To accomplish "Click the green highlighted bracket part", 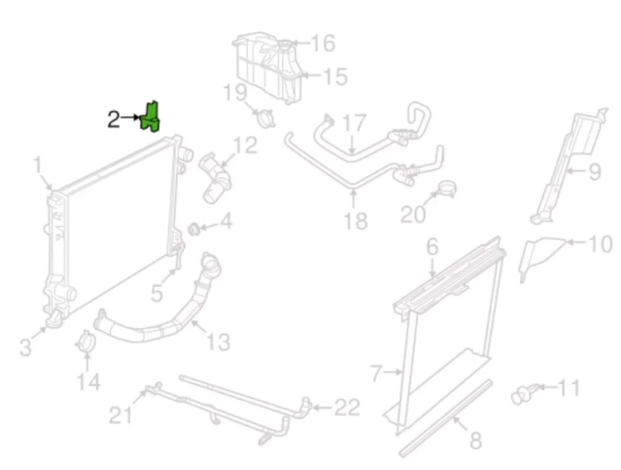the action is (151, 117).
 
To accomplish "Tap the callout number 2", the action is (113, 119).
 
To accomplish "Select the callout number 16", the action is (324, 43).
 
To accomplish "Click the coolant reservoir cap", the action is (284, 45).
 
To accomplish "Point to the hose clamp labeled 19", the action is (265, 117).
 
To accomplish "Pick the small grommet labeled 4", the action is (193, 229).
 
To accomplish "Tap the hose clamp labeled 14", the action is (84, 342).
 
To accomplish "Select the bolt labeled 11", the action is (524, 393).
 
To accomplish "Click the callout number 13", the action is (219, 342).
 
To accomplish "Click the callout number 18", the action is (355, 221).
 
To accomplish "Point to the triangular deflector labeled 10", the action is (541, 257).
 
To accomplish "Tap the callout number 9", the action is (595, 172).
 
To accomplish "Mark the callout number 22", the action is (347, 407).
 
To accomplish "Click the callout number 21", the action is (120, 415).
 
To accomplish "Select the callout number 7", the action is (376, 373).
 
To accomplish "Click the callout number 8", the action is (475, 440).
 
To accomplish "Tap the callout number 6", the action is (432, 247).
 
